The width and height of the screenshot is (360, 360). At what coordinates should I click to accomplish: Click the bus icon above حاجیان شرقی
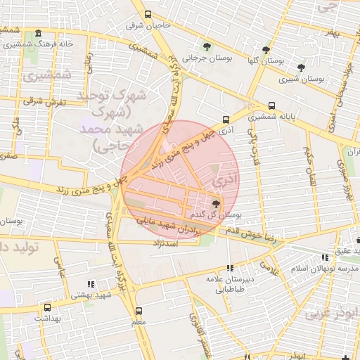tap(147, 14)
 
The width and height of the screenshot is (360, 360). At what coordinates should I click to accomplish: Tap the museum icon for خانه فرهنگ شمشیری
tap(37, 34)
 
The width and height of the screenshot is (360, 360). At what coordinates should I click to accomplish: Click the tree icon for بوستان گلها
tap(265, 49)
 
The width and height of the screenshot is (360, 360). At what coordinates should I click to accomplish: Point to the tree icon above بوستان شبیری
tap(301, 67)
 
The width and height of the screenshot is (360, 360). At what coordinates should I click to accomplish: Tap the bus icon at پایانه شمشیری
tap(272, 105)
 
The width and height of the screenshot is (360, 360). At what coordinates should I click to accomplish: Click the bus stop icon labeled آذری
tap(226, 119)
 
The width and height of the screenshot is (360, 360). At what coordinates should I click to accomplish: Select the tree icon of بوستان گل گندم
tap(215, 204)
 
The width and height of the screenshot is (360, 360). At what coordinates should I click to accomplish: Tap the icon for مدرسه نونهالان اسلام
tap(323, 258)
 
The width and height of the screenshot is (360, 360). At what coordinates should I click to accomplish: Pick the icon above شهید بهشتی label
tap(90, 284)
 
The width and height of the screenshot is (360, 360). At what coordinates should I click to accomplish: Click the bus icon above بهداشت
tap(47, 307)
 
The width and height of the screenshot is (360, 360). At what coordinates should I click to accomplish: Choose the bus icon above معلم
tap(139, 310)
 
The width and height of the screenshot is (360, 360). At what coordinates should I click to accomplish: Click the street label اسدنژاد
tap(167, 242)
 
